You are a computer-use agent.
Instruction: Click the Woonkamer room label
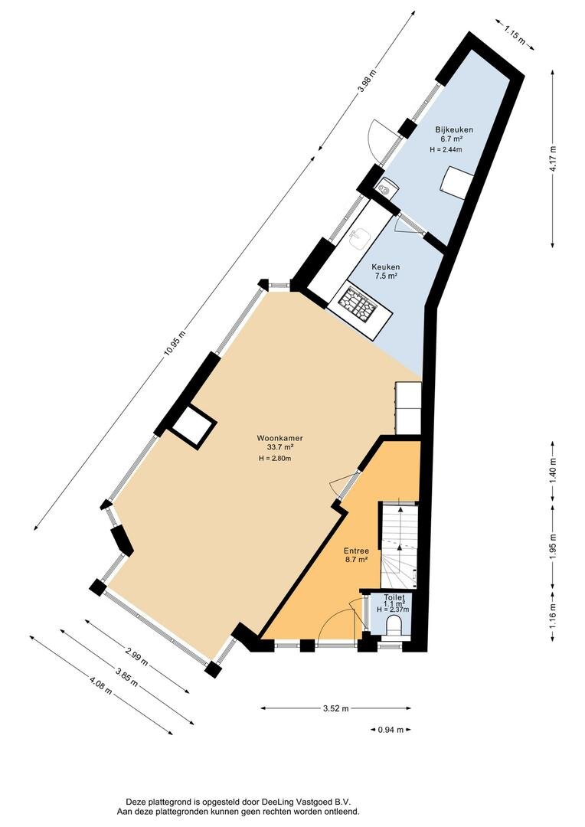(x=279, y=438)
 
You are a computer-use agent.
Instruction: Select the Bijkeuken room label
(x=453, y=129)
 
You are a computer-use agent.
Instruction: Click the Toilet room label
(x=394, y=597)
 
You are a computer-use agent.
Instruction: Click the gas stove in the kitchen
(x=357, y=305)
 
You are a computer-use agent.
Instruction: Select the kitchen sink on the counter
(x=361, y=239)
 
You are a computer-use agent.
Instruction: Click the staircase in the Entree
(x=400, y=545)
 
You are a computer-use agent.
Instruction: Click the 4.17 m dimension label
(x=552, y=159)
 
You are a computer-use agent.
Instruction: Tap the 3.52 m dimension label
(x=336, y=708)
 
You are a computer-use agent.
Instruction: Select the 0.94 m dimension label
(x=391, y=730)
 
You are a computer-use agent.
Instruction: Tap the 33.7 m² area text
(x=280, y=447)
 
